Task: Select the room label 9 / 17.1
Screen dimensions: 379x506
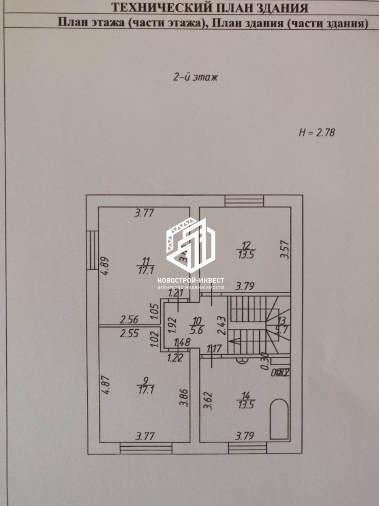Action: point(146,385)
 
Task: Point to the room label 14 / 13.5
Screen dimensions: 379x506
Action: point(246,399)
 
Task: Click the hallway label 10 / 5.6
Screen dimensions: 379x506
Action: point(196,325)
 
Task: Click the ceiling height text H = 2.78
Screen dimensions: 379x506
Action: point(317,132)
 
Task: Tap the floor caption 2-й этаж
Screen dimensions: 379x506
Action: point(195,77)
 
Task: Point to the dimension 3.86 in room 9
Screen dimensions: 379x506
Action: point(184,396)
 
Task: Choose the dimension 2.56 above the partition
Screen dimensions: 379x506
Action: point(129,319)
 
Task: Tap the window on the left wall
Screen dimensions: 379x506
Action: point(92,250)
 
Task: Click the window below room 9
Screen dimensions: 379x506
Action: point(146,448)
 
